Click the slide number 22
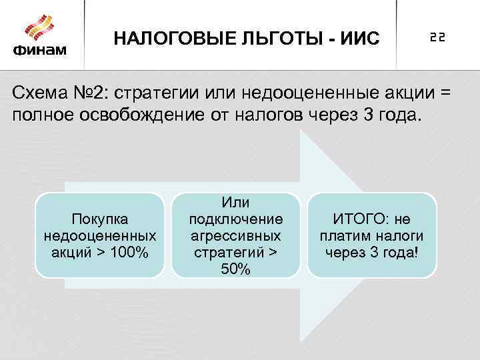[x=437, y=39]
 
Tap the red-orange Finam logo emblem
[x=40, y=27]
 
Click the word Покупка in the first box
[x=100, y=219]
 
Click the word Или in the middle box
[x=235, y=202]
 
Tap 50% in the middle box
[x=235, y=269]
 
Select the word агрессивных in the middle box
[x=235, y=236]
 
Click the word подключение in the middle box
[x=235, y=219]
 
